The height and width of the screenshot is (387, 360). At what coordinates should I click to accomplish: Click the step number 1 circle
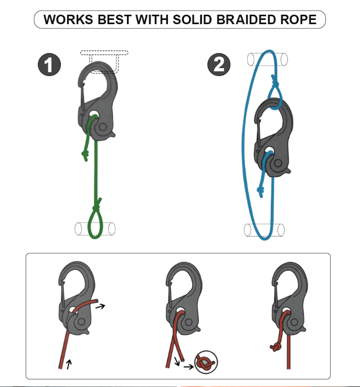coord(49,65)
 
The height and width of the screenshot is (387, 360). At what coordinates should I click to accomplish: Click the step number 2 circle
coord(219,65)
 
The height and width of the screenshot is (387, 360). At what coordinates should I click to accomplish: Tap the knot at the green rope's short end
coord(84,154)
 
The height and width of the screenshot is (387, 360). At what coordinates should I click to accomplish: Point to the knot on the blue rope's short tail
coord(261,191)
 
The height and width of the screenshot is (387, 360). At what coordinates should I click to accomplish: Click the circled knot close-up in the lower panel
coord(206,363)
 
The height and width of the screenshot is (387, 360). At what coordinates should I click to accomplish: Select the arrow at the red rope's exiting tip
coord(101,306)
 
